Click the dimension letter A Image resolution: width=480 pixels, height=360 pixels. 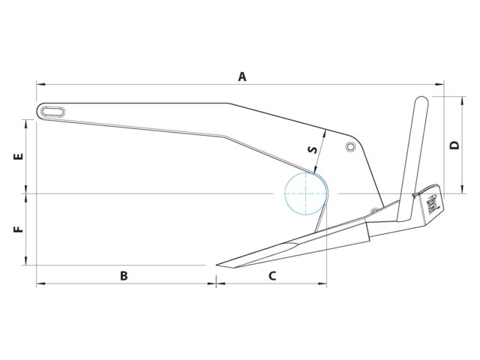coord(242,76)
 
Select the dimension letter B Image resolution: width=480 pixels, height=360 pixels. coord(124,276)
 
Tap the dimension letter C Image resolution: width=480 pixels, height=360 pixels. coord(272,276)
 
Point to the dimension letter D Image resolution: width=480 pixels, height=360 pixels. coord(455,145)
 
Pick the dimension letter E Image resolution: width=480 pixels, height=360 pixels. coord(19,156)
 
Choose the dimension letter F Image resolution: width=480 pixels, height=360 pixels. coord(19,229)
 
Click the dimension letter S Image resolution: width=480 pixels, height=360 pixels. coord(312,150)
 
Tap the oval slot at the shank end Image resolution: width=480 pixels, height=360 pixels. coord(53,112)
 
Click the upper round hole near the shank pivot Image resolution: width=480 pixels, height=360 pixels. coord(350,147)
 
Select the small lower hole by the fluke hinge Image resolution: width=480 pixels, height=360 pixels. coord(374,211)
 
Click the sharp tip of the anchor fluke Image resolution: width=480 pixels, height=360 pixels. coord(217,265)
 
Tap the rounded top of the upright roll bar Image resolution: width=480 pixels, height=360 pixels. coord(421,99)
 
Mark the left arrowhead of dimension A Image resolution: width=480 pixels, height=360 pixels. coord(40,84)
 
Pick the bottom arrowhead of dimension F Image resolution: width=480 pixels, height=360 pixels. coord(27,260)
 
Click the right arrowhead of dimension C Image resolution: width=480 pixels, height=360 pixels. coord(322,283)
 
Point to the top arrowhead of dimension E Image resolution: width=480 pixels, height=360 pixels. coord(27,124)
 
